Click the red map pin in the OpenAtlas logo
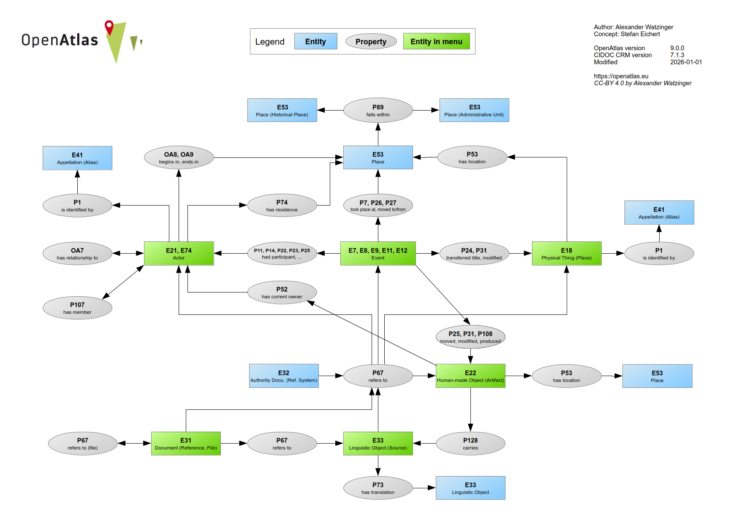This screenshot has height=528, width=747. (x=109, y=27)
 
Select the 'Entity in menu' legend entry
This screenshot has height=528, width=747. (x=436, y=41)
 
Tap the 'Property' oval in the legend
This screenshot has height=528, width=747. (x=371, y=41)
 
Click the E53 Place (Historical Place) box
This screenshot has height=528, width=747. (x=282, y=110)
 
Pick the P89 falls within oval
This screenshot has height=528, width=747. (x=378, y=110)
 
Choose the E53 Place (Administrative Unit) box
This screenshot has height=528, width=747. (x=474, y=110)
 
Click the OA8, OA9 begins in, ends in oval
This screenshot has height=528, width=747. (x=179, y=157)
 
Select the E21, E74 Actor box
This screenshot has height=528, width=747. (x=179, y=253)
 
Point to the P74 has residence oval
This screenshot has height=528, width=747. (x=282, y=206)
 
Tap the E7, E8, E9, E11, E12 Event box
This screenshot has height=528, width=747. (x=378, y=253)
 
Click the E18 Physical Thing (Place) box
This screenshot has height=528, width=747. (x=566, y=253)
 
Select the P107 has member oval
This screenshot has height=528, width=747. (x=77, y=308)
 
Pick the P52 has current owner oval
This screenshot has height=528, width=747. (x=282, y=292)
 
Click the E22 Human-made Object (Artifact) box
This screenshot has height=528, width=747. (x=470, y=376)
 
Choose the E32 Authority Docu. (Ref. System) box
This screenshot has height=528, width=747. (x=284, y=376)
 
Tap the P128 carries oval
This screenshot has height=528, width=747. (x=470, y=443)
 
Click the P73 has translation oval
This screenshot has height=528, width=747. (x=378, y=488)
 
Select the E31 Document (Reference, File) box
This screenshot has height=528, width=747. (x=186, y=443)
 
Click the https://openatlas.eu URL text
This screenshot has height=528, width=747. (x=621, y=76)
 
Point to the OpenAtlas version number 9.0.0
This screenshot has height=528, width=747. (x=677, y=48)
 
